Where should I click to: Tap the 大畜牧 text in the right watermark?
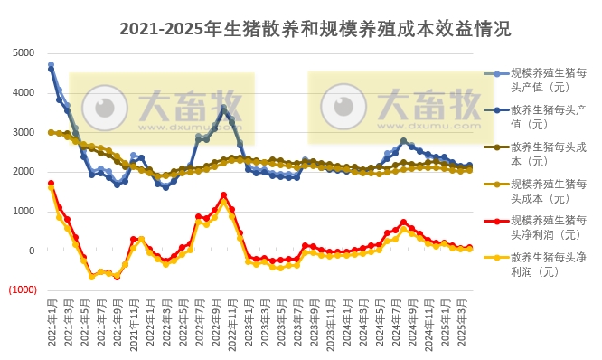(428, 101)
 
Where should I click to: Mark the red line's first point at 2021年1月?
(51, 183)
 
